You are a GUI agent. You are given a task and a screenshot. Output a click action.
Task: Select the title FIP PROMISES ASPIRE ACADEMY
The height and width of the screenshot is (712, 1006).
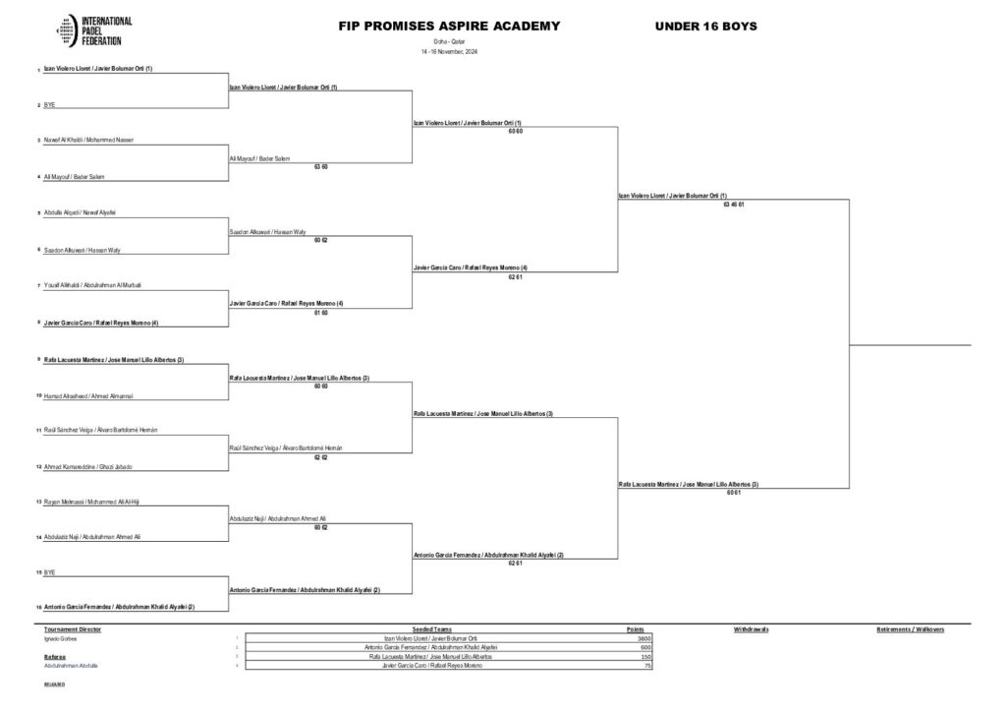[449, 27]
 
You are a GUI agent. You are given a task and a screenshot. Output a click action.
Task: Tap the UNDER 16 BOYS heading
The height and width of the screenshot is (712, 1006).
[705, 27]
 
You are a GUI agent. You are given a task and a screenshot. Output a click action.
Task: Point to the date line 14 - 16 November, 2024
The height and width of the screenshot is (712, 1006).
[449, 51]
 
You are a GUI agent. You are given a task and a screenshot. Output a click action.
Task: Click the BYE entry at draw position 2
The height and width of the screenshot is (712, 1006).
[49, 104]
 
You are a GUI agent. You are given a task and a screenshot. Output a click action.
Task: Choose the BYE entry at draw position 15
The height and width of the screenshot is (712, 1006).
[49, 571]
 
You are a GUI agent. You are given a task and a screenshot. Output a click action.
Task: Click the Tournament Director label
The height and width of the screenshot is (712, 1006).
[73, 629]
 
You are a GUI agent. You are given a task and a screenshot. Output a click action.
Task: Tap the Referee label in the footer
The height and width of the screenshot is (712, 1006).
[55, 656]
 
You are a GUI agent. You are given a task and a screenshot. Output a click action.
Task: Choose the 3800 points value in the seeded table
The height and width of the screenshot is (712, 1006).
[644, 638]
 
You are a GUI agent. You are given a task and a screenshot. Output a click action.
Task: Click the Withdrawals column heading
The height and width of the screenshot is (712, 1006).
[751, 629]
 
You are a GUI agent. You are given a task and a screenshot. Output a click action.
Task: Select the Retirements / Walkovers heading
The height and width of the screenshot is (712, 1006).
[910, 629]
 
